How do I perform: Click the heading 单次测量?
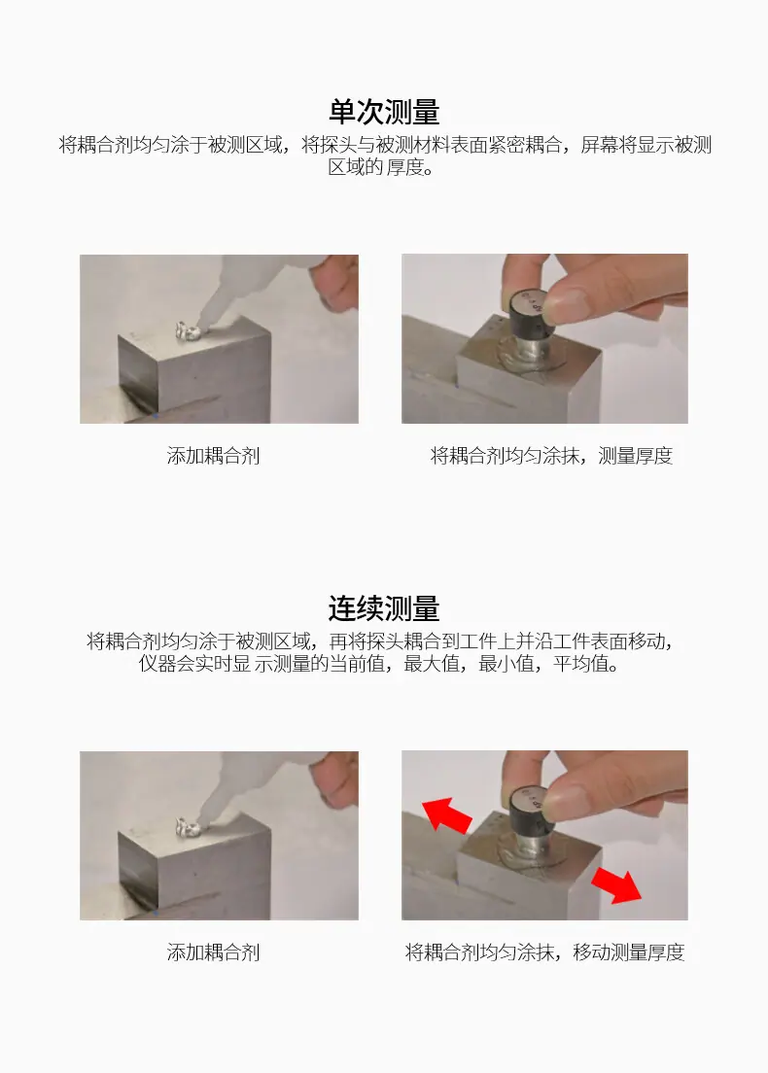click(x=384, y=112)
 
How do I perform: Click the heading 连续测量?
click(x=384, y=608)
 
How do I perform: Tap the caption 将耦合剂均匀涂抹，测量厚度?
click(x=551, y=456)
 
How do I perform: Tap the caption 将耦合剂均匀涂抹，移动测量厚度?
click(x=544, y=952)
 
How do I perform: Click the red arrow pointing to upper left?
click(x=447, y=813)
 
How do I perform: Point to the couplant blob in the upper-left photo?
click(x=187, y=331)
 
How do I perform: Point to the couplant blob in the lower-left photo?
click(x=187, y=828)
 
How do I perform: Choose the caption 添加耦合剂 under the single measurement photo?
click(x=214, y=456)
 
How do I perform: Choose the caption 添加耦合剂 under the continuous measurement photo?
click(x=214, y=952)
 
